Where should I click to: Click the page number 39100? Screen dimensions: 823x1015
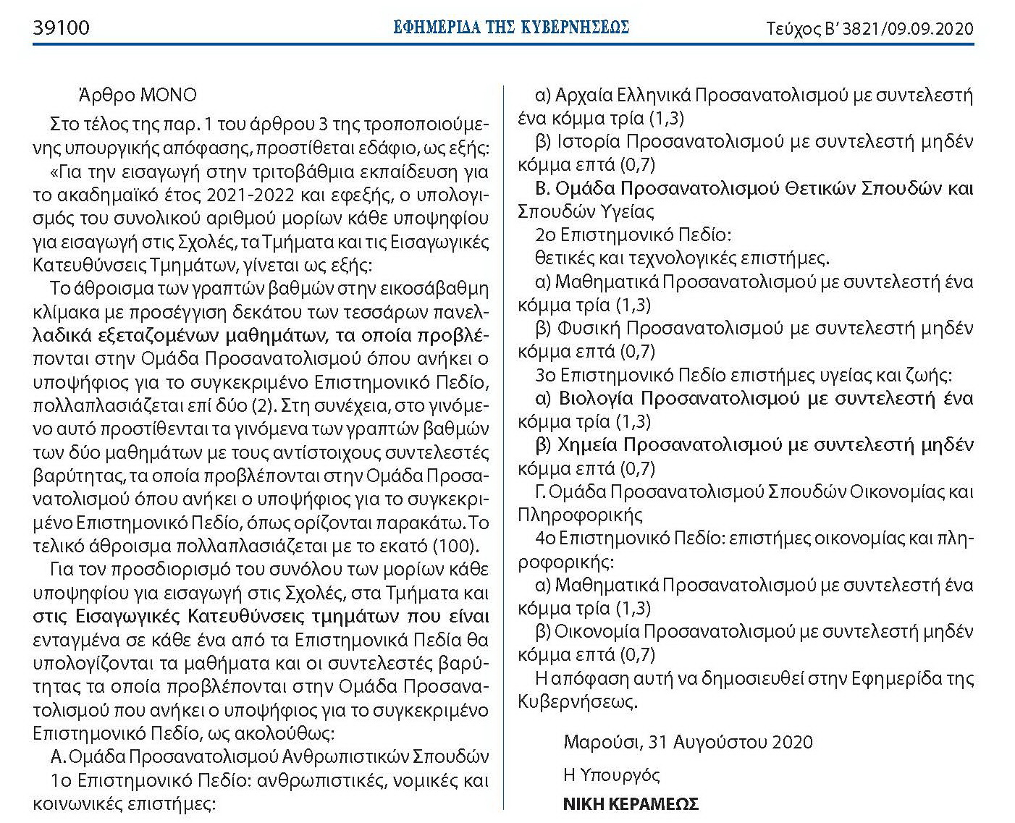click(62, 28)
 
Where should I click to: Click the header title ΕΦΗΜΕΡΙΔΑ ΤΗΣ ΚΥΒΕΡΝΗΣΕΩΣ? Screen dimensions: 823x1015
click(511, 28)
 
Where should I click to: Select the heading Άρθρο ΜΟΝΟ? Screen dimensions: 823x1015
click(138, 96)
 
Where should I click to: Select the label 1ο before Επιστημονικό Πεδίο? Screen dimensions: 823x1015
click(61, 780)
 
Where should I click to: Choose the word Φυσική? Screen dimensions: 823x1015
click(589, 329)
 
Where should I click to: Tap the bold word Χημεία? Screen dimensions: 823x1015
click(587, 445)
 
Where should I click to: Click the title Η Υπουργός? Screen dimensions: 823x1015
click(612, 775)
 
